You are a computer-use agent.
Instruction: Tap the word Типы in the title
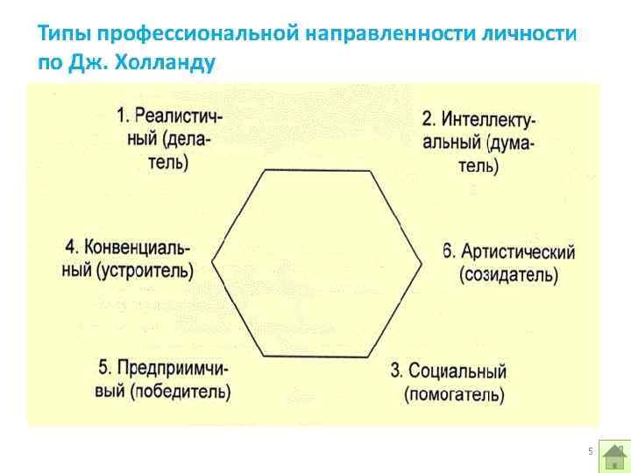[x=66, y=35]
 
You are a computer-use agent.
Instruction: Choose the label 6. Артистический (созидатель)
[x=508, y=263]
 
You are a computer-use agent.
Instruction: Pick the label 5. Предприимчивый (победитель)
[x=162, y=379]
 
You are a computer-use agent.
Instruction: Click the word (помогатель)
[x=454, y=394]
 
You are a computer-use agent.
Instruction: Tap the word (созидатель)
[x=508, y=275]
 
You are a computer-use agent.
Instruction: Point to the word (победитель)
[x=180, y=392]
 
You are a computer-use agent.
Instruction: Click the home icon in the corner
[x=614, y=456]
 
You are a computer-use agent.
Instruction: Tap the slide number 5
[x=590, y=451]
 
